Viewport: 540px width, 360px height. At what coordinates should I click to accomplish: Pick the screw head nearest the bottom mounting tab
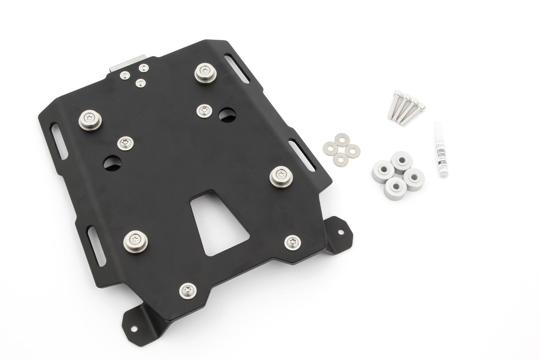tap(187, 289)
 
